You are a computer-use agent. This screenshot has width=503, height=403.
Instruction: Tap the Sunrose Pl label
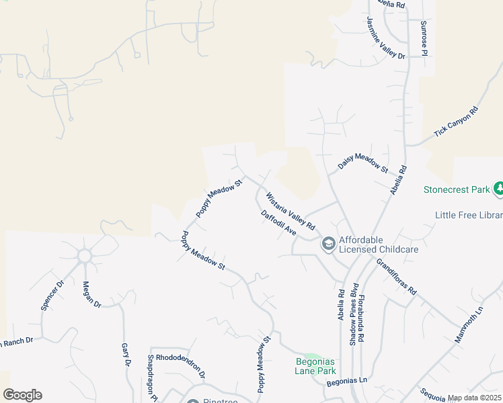point(424,38)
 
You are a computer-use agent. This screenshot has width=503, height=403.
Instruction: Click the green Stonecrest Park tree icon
point(498,189)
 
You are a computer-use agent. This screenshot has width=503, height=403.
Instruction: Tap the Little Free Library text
point(469,215)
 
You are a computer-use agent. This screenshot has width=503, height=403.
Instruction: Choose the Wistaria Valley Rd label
point(291,212)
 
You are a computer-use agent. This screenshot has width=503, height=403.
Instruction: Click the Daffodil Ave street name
point(278,222)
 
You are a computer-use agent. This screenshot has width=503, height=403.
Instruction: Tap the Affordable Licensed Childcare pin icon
point(328,244)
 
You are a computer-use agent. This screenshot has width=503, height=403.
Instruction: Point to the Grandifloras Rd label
point(397,277)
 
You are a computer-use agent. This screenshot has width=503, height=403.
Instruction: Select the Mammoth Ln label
point(469,325)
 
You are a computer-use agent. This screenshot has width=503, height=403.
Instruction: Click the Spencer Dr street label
point(52,294)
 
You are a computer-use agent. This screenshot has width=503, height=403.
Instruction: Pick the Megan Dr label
point(92,294)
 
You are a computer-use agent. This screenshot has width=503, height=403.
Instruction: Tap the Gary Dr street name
point(125,355)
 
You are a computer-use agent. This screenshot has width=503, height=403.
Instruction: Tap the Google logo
point(22,395)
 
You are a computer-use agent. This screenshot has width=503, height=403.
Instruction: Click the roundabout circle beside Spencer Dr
point(85,256)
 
